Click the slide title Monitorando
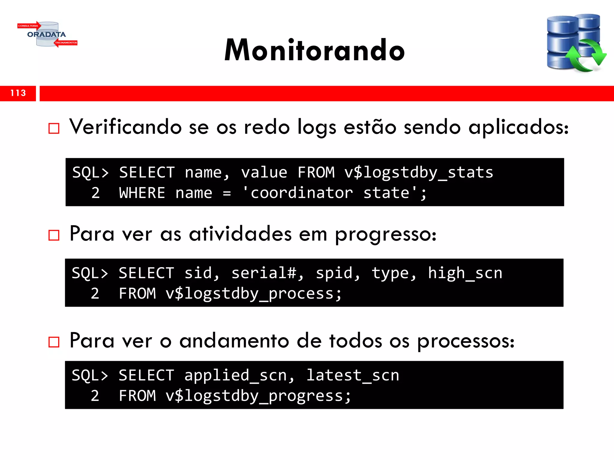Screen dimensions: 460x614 [314, 50]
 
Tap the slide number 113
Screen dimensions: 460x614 [18, 93]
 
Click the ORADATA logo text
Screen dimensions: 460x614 [46, 34]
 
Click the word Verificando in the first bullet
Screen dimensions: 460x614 [125, 127]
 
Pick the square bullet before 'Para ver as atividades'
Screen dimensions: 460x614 [54, 235]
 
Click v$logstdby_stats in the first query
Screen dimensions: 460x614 [419, 173]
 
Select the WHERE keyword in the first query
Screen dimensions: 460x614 [142, 193]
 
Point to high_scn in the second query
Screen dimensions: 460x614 [465, 273]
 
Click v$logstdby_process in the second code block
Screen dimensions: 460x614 [253, 293]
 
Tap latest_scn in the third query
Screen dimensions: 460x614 [353, 376]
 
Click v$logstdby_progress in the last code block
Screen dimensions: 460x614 [258, 396]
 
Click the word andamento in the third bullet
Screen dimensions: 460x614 [234, 341]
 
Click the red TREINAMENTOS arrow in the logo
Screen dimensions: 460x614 [66, 43]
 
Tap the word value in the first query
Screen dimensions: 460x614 [264, 173]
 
